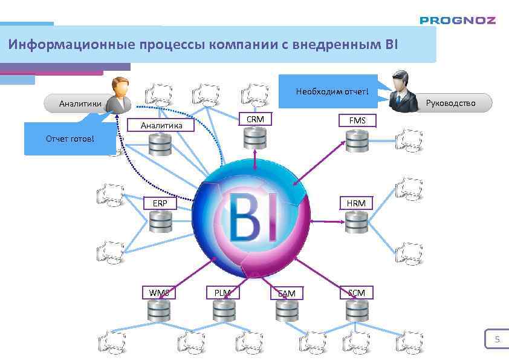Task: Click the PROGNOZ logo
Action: pyautogui.click(x=458, y=20)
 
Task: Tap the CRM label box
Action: pyautogui.click(x=255, y=119)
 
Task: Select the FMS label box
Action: pyautogui.click(x=357, y=120)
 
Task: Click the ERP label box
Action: pyautogui.click(x=160, y=203)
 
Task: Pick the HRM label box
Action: pyautogui.click(x=356, y=203)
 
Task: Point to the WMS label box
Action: pyautogui.click(x=159, y=293)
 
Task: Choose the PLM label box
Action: pyautogui.click(x=222, y=293)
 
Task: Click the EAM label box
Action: pyautogui.click(x=287, y=293)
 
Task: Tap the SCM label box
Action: pyautogui.click(x=356, y=293)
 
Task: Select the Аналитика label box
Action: pyautogui.click(x=161, y=125)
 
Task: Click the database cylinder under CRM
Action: pyautogui.click(x=255, y=138)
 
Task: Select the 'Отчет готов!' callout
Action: pyautogui.click(x=70, y=139)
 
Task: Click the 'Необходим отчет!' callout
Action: pyautogui.click(x=331, y=92)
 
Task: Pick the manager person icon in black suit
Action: pyautogui.click(x=402, y=91)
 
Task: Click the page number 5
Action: pyautogui.click(x=497, y=339)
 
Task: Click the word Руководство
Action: pyautogui.click(x=450, y=103)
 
